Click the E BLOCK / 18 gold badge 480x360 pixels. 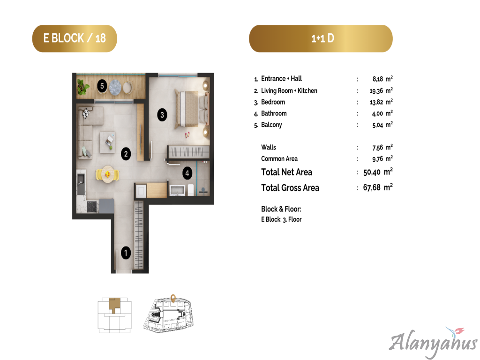click(75, 38)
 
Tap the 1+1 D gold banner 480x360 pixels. click(321, 38)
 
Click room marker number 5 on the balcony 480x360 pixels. click(102, 86)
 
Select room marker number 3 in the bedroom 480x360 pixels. click(162, 115)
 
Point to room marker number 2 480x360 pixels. click(126, 154)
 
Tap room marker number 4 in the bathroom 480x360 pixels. click(187, 173)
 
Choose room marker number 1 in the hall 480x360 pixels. click(126, 253)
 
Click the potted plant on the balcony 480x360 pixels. click(83, 87)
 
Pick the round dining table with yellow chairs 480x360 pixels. click(107, 174)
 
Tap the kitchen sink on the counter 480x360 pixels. click(81, 184)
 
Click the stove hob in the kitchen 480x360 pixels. click(92, 207)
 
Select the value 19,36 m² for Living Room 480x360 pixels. click(381, 90)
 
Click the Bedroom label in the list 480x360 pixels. click(273, 102)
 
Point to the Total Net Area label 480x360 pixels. click(286, 172)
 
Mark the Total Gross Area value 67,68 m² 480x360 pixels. click(378, 187)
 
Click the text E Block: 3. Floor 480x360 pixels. click(281, 219)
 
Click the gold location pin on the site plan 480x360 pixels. click(173, 299)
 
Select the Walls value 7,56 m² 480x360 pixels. click(382, 148)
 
